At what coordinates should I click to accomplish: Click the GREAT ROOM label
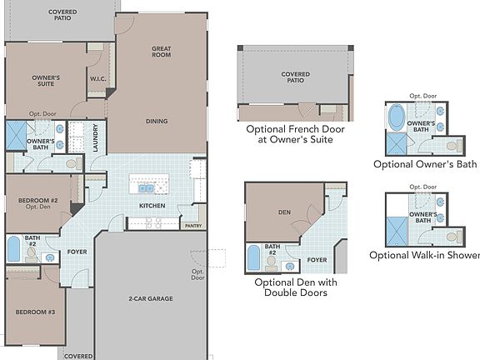point(161,52)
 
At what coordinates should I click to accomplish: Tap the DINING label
point(156,121)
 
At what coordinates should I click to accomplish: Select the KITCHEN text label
point(152,205)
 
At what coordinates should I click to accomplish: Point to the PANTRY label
point(192,225)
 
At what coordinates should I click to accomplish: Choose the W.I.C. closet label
point(97,79)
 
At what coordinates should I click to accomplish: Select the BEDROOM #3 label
point(34,312)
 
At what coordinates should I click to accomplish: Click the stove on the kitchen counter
point(155,223)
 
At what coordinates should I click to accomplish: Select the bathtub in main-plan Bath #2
point(13,249)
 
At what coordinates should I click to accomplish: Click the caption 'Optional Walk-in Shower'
point(425,255)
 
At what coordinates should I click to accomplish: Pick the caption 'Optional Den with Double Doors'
point(295,288)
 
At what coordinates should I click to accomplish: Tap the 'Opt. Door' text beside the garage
point(198,275)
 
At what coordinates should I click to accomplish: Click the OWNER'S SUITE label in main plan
point(46,80)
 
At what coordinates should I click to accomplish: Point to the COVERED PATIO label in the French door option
point(295,77)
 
